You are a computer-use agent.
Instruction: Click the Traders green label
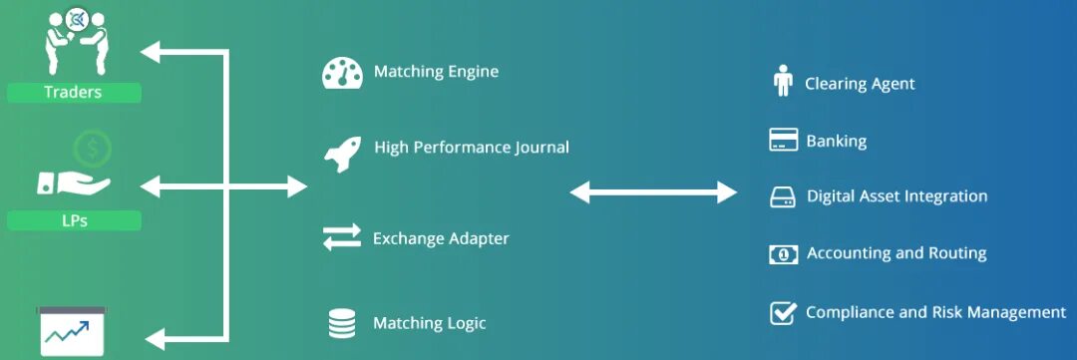(73, 93)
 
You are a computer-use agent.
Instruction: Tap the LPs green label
(73, 220)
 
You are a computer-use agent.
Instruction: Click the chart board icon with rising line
(73, 331)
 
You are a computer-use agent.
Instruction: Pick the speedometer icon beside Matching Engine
(340, 73)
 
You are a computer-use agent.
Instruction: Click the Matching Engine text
(436, 72)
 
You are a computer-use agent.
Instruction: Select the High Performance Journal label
(472, 148)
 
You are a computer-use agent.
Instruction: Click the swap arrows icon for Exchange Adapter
(340, 237)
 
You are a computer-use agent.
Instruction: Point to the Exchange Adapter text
(441, 239)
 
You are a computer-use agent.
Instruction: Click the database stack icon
(341, 323)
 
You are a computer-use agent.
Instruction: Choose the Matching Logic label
(430, 323)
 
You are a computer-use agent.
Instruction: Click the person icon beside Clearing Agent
(783, 82)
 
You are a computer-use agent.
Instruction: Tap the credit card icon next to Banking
(783, 140)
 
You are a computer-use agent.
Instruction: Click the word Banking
(836, 141)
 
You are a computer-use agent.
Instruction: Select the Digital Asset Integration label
(897, 196)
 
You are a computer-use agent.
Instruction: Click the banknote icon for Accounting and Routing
(783, 254)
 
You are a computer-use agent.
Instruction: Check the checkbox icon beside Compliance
(783, 313)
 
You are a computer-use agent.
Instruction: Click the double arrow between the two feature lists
(652, 191)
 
